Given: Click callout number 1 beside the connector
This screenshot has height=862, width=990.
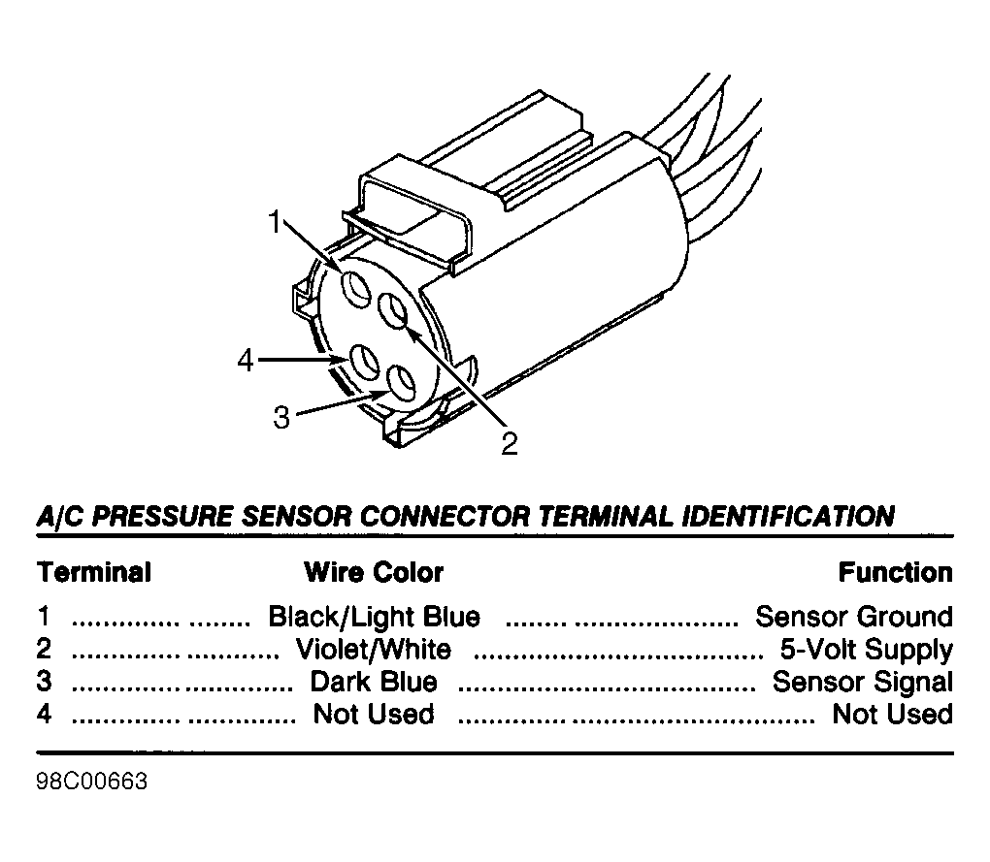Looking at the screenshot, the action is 274,222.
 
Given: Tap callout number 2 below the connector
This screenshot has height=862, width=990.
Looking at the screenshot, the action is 510,443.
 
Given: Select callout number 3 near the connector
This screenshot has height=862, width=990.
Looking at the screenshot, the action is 281,418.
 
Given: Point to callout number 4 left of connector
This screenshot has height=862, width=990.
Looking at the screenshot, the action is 246,362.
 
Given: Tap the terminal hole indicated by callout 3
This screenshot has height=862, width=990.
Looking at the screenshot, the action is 400,384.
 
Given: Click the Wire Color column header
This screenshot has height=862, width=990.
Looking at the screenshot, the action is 374,572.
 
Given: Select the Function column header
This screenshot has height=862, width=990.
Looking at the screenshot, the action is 895,572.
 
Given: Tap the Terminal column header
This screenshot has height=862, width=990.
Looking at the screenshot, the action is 94,572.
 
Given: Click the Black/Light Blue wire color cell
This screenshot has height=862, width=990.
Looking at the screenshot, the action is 375,617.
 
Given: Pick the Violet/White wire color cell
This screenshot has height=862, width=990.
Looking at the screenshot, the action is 374,650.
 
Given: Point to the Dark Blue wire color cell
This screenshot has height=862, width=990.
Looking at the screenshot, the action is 374,683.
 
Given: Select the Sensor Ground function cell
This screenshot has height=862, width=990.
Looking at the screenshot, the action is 854,617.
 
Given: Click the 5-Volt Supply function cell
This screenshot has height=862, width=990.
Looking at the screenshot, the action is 867,651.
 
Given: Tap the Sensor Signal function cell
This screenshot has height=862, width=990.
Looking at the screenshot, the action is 863,683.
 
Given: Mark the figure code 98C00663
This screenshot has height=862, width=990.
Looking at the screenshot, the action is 92,782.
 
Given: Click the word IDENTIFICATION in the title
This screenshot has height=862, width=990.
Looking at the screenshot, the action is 788,517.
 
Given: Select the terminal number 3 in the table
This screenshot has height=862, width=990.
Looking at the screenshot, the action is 44,682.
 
